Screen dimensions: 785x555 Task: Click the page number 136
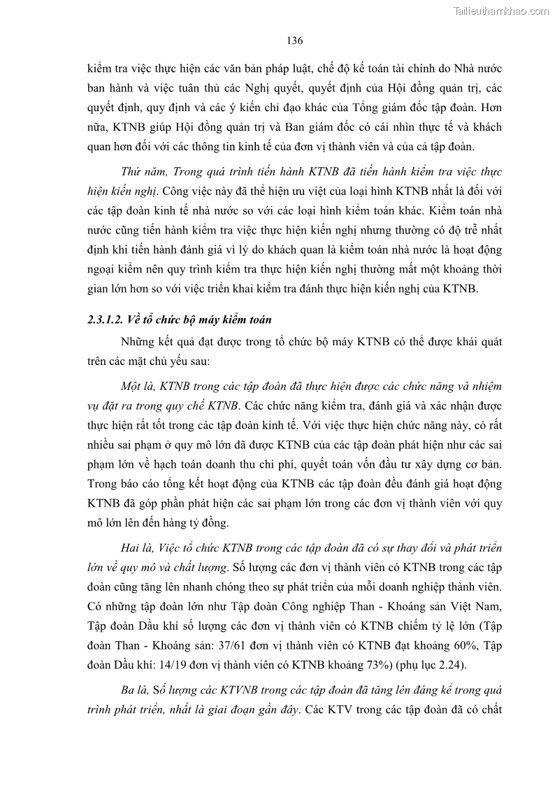(294, 41)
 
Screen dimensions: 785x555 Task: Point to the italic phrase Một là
(137, 386)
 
